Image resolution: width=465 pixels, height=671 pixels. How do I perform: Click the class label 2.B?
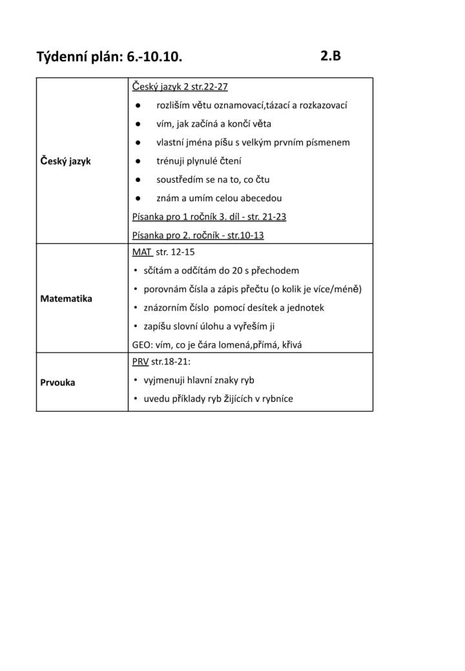(331, 56)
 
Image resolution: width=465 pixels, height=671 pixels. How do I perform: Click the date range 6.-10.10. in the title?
(154, 57)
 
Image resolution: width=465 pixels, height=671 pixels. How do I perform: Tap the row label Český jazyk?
(65, 161)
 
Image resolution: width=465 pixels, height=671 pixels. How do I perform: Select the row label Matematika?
(66, 299)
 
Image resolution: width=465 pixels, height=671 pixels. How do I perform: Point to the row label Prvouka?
(58, 383)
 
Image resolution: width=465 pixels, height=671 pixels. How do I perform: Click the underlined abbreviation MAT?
(142, 252)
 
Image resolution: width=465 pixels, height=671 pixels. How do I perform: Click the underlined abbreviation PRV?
(140, 362)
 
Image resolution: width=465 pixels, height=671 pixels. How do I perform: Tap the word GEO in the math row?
(140, 345)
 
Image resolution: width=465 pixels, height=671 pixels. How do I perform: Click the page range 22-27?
(215, 86)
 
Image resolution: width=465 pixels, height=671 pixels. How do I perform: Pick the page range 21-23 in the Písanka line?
(274, 216)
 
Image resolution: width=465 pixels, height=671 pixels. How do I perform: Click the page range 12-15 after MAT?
(183, 252)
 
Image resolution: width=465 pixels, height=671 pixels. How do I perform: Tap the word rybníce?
(277, 399)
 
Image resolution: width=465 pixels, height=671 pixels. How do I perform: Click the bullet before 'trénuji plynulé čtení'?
(138, 161)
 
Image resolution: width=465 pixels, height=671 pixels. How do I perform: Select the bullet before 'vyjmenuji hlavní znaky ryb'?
(136, 380)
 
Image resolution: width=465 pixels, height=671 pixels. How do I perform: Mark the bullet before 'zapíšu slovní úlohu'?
(136, 326)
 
